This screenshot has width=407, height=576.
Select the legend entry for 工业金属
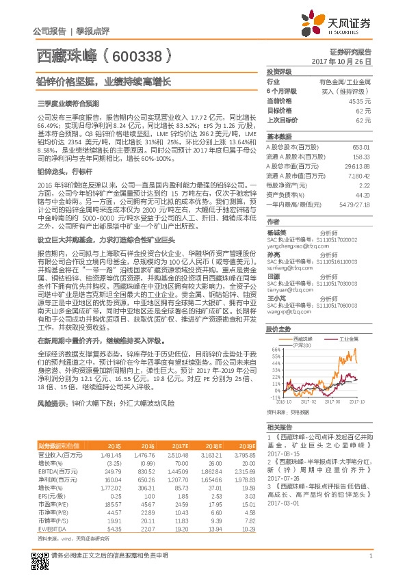[x=353, y=339]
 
